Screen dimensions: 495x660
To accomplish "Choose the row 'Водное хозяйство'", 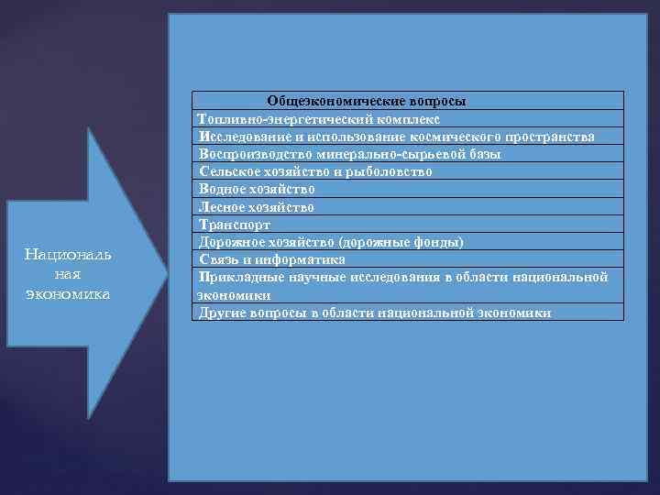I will pyautogui.click(x=257, y=189).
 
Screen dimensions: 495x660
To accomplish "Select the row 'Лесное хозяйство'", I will pyautogui.click(x=256, y=206).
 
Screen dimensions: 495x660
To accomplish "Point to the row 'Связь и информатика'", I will pyautogui.click(x=272, y=259).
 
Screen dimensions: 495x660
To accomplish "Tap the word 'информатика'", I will pyautogui.click(x=307, y=259).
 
